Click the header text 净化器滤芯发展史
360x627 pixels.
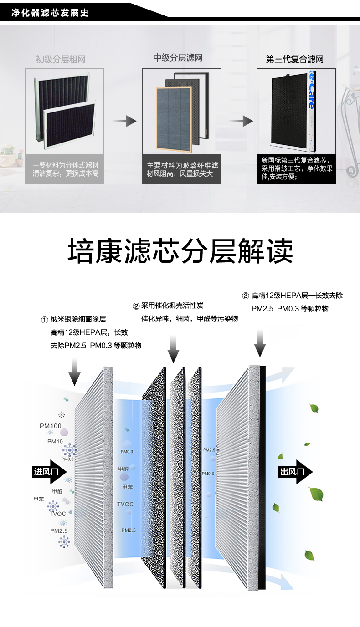pyautogui.click(x=50, y=13)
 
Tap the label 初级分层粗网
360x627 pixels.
pyautogui.click(x=61, y=59)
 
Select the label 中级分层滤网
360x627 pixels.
pyautogui.click(x=178, y=58)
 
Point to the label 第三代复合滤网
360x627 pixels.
pyautogui.click(x=295, y=60)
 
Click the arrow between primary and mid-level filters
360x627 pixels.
pyautogui.click(x=124, y=121)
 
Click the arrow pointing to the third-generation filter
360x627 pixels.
pyautogui.click(x=241, y=121)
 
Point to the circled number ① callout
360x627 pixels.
pyautogui.click(x=45, y=320)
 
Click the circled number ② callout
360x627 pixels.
pyautogui.click(x=135, y=306)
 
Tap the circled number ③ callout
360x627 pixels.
pyautogui.click(x=245, y=296)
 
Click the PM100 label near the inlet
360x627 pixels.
pyautogui.click(x=50, y=426)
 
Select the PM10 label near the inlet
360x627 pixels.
pyautogui.click(x=55, y=441)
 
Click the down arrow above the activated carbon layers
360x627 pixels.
pyautogui.click(x=173, y=349)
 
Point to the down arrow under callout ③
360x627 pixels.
pyautogui.click(x=260, y=342)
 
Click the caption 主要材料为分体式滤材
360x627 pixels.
pyautogui.click(x=65, y=165)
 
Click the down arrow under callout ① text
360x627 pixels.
pyautogui.click(x=75, y=371)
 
